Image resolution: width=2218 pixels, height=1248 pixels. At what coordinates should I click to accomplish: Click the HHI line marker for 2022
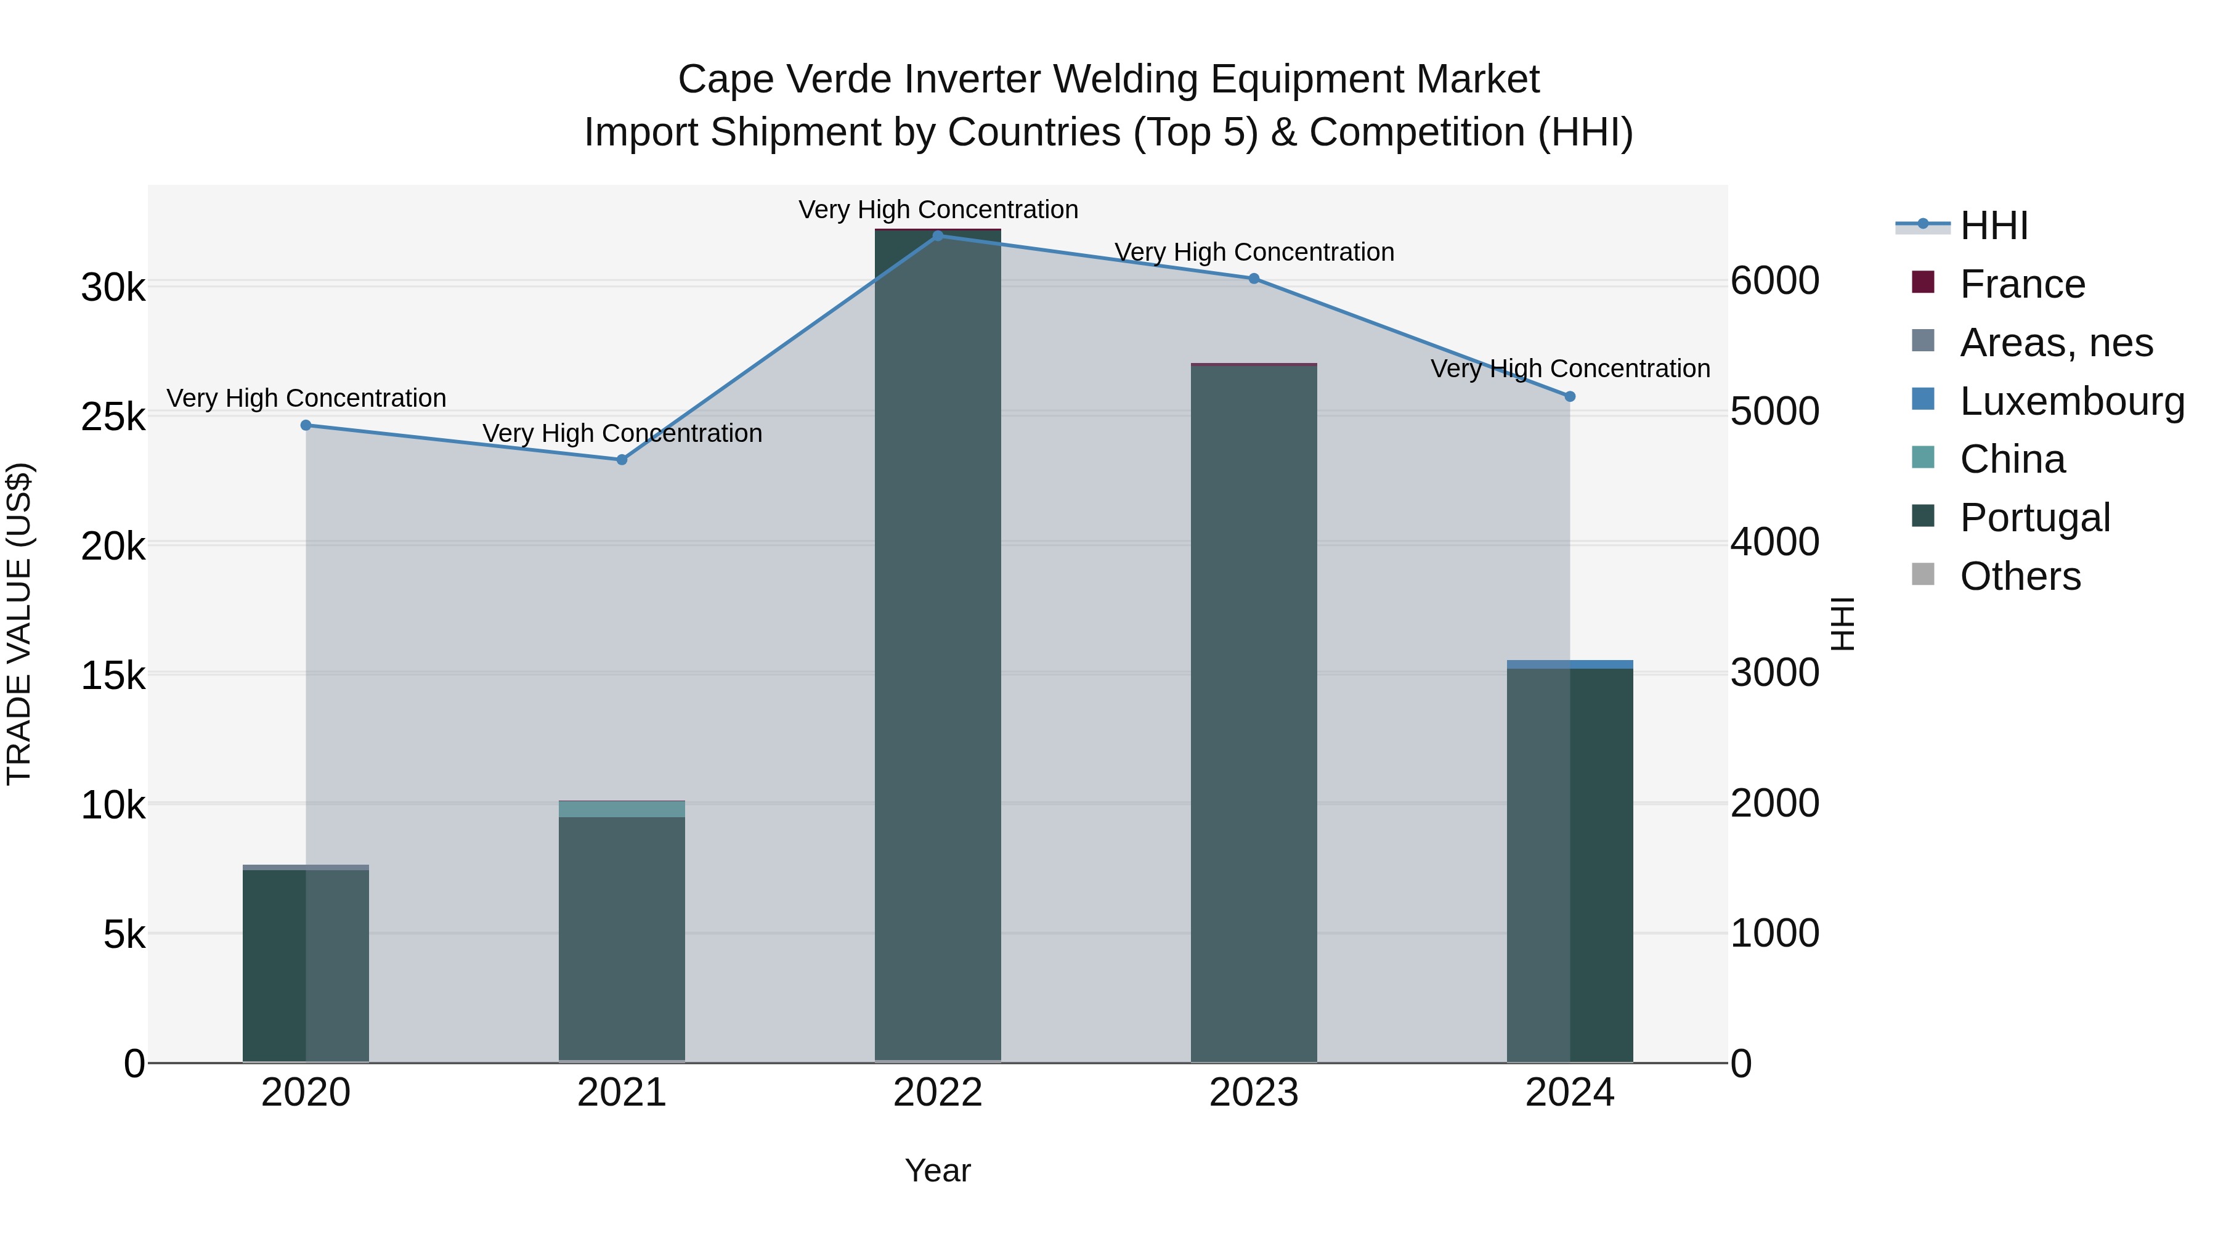click(x=938, y=235)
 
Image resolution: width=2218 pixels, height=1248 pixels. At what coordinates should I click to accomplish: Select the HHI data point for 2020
click(x=306, y=425)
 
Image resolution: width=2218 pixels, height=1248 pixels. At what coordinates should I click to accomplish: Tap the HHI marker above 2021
click(x=622, y=459)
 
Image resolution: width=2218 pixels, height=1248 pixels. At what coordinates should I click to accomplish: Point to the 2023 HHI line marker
click(x=1254, y=278)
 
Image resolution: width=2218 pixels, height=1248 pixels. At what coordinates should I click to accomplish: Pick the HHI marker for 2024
click(x=1570, y=396)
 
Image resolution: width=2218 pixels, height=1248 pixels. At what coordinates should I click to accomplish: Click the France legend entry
click(x=2021, y=284)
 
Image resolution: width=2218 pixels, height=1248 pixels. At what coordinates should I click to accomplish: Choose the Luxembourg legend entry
click(x=2071, y=401)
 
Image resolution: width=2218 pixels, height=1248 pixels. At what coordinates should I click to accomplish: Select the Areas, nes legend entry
click(x=2055, y=343)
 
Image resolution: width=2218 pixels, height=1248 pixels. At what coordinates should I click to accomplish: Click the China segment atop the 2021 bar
click(x=622, y=809)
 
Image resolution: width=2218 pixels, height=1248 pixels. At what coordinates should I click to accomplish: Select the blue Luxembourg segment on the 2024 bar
click(x=1570, y=664)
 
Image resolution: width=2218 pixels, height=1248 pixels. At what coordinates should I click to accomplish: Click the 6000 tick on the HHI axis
click(x=1774, y=282)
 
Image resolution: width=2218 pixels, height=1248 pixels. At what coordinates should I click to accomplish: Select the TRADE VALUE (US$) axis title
click(x=19, y=624)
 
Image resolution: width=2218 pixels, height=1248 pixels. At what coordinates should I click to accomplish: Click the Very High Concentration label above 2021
click(x=622, y=433)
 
